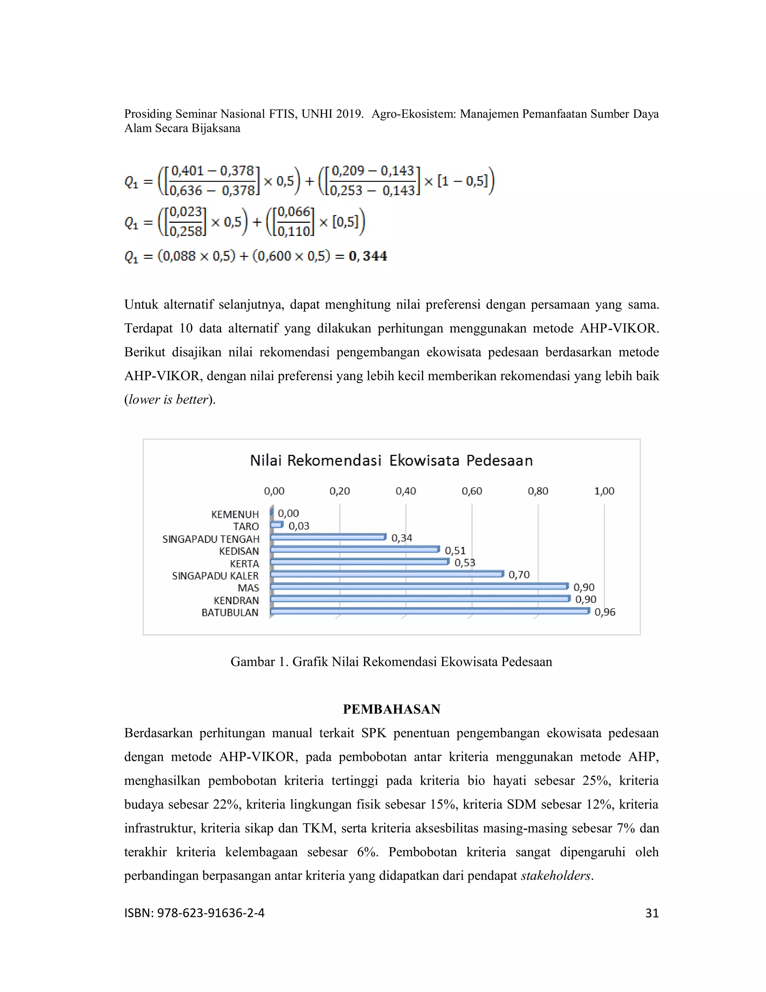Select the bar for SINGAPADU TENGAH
click(x=328, y=537)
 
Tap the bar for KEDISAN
click(x=355, y=550)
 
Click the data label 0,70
click(x=519, y=575)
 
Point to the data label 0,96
click(x=604, y=612)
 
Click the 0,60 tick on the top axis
click(x=472, y=491)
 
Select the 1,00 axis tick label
click(x=604, y=491)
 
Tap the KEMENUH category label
click(x=235, y=515)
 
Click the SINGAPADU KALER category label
click(x=215, y=576)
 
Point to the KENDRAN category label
click(x=236, y=600)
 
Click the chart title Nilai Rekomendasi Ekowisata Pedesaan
click(x=391, y=460)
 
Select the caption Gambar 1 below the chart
click(x=391, y=662)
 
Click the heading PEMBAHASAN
click(x=391, y=709)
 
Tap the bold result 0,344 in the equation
click(x=368, y=256)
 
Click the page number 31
click(x=652, y=913)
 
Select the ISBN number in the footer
click(x=194, y=913)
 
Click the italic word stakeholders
click(x=556, y=876)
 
